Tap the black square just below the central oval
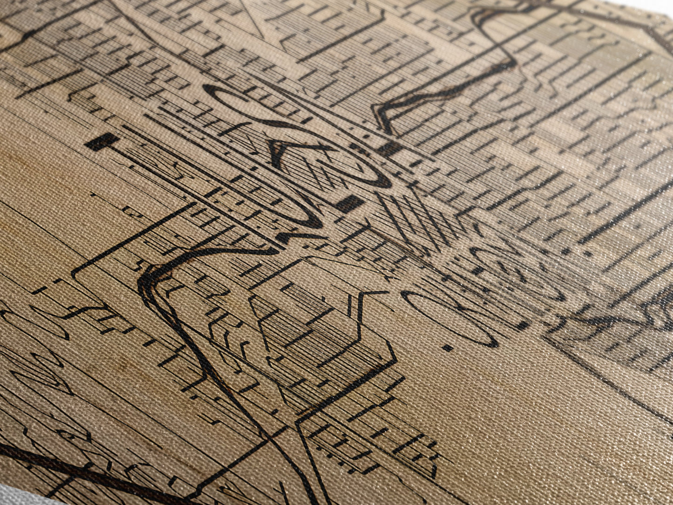pos(350,203)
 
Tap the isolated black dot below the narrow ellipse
pos(448,348)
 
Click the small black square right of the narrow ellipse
pos(523,325)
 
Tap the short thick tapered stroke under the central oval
pos(298,237)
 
